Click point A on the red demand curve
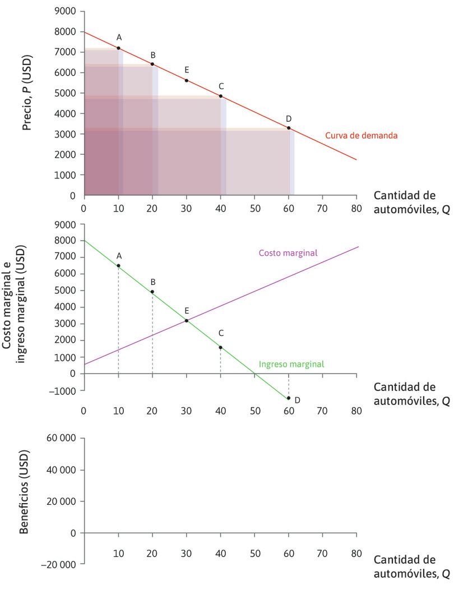[x=118, y=48]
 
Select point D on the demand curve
[x=289, y=128]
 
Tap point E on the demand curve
[x=186, y=80]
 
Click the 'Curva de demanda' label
[x=361, y=136]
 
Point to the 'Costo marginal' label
[x=288, y=253]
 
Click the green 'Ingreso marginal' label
[x=291, y=364]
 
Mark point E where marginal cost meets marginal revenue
[x=186, y=320]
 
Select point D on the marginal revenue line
[x=289, y=398]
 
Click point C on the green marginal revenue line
[x=220, y=347]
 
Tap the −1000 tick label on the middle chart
[x=65, y=390]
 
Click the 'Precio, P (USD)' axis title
[x=27, y=93]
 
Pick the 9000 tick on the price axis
[x=66, y=11]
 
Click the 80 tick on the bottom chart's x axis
[x=356, y=552]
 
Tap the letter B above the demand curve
[x=152, y=55]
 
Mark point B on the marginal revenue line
[x=152, y=292]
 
